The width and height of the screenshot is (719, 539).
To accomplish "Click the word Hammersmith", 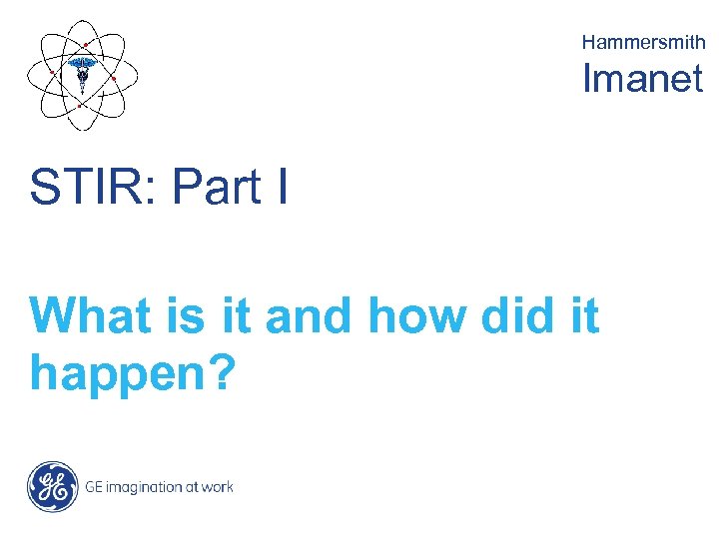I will pos(643,42).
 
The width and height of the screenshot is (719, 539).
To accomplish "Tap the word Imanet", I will pos(643,78).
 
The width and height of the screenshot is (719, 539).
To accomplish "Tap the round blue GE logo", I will pos(52,486).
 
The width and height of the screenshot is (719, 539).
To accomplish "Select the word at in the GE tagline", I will pos(188,487).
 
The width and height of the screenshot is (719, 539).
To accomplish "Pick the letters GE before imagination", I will pos(94,487).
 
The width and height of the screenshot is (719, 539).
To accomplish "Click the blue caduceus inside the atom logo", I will pos(82,71).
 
